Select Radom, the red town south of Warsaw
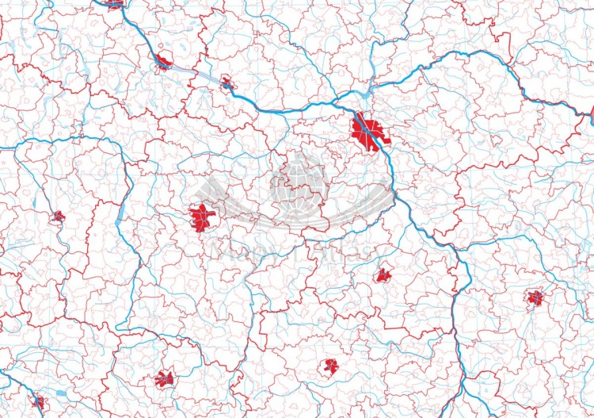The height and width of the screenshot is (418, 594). click(383, 275)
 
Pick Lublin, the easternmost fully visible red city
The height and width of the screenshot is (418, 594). click(536, 298)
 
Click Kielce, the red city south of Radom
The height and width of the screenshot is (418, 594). click(330, 366)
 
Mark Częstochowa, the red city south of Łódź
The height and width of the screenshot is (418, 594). click(165, 378)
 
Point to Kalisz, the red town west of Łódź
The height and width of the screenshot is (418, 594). click(58, 216)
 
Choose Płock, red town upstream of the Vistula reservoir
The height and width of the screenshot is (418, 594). click(227, 82)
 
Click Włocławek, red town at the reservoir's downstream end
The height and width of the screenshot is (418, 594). click(163, 62)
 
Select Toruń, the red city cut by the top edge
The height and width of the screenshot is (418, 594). click(114, 4)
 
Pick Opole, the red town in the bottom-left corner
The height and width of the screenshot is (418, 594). click(37, 401)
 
